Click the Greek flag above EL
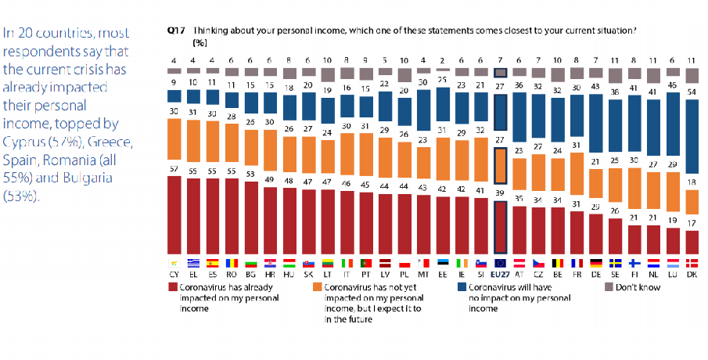click(192, 263)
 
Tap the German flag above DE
click(598, 263)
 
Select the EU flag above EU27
click(501, 263)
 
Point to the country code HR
click(269, 275)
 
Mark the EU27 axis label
click(501, 275)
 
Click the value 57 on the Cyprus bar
click(174, 170)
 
